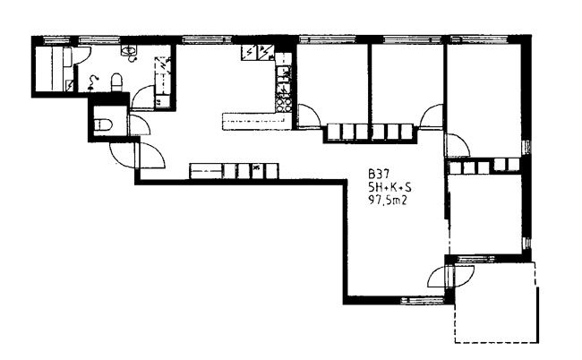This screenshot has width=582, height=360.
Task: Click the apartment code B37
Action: [379, 174]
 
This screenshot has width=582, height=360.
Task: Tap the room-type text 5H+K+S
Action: [389, 187]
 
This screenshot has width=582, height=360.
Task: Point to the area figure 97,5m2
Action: [388, 201]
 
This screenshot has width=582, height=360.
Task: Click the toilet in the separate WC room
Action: [102, 125]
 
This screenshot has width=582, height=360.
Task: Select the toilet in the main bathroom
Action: [116, 82]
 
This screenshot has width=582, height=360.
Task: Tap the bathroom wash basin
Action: [129, 51]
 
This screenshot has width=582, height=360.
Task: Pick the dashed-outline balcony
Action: [496, 302]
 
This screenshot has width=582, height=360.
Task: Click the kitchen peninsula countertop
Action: [257, 122]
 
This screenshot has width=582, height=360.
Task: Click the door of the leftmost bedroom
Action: [309, 116]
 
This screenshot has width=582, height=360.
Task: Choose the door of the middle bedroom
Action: [432, 116]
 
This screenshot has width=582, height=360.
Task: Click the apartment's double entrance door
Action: [137, 155]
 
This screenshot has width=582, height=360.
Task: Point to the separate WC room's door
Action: [140, 125]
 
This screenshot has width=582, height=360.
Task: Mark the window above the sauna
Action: [56, 39]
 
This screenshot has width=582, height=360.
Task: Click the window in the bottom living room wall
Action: [422, 300]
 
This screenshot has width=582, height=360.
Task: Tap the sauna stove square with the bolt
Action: [70, 86]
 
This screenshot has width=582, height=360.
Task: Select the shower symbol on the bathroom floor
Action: [93, 81]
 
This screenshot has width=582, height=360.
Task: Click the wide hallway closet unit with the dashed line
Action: [206, 171]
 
